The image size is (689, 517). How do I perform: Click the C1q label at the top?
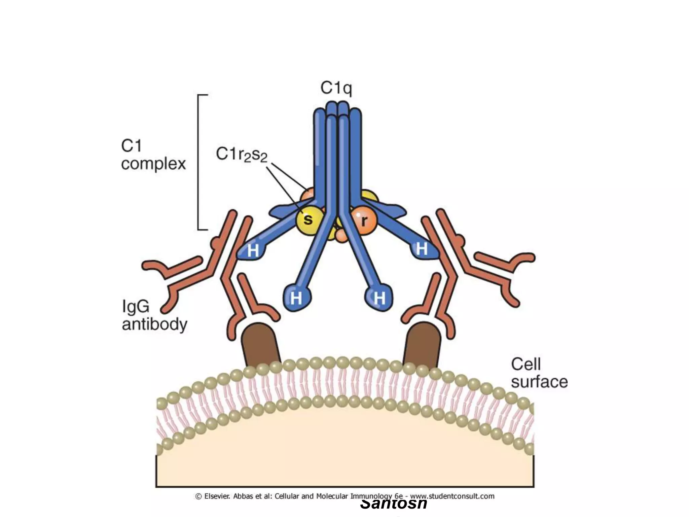coord(336,88)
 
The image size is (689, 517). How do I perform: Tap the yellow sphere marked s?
coord(308,220)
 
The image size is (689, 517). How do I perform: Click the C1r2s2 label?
coord(242,155)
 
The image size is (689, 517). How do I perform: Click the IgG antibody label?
coord(154,315)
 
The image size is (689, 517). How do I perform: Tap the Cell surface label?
coord(539,373)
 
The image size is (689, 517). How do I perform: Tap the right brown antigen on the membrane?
coord(422,345)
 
